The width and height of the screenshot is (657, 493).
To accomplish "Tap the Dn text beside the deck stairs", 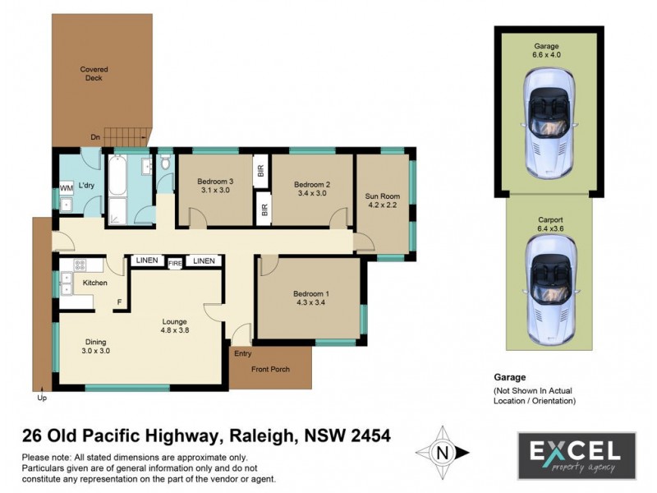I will click(95, 137).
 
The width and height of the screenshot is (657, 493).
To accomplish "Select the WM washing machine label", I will click(67, 188).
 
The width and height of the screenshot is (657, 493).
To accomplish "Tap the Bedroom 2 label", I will click(311, 184).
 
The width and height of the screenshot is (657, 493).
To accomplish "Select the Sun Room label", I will click(382, 196).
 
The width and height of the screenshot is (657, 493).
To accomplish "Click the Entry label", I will click(244, 354).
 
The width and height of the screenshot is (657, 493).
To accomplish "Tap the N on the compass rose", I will click(443, 452).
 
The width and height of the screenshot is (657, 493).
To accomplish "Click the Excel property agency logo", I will click(576, 455).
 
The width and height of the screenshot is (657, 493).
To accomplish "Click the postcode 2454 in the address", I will click(365, 435).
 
